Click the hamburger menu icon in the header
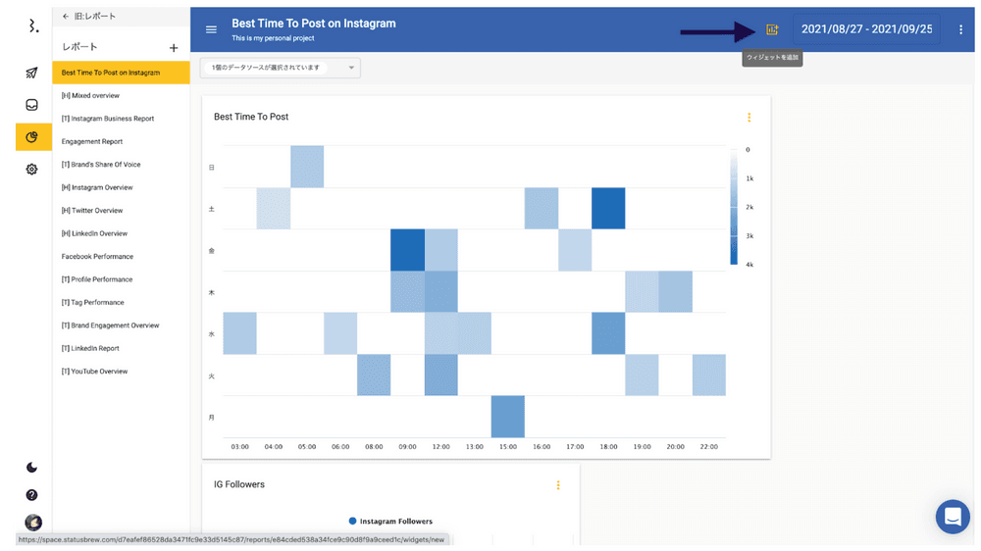point(211,29)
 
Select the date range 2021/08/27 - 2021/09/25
point(866,29)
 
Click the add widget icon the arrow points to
point(772,29)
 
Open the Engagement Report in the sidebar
point(92,141)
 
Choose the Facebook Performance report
point(97,256)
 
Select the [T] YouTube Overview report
point(94,372)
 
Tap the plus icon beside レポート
point(174,47)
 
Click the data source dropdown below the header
point(280,68)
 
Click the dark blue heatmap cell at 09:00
point(407,250)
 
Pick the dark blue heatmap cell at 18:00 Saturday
point(608,208)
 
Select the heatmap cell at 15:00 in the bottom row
point(507,417)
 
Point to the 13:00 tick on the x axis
point(474,447)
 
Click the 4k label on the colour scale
point(749,265)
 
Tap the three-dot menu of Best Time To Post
point(749,118)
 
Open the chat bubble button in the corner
point(952,517)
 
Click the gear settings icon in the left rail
point(31,169)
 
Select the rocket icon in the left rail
point(31,74)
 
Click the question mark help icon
point(31,495)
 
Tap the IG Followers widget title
point(239,484)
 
